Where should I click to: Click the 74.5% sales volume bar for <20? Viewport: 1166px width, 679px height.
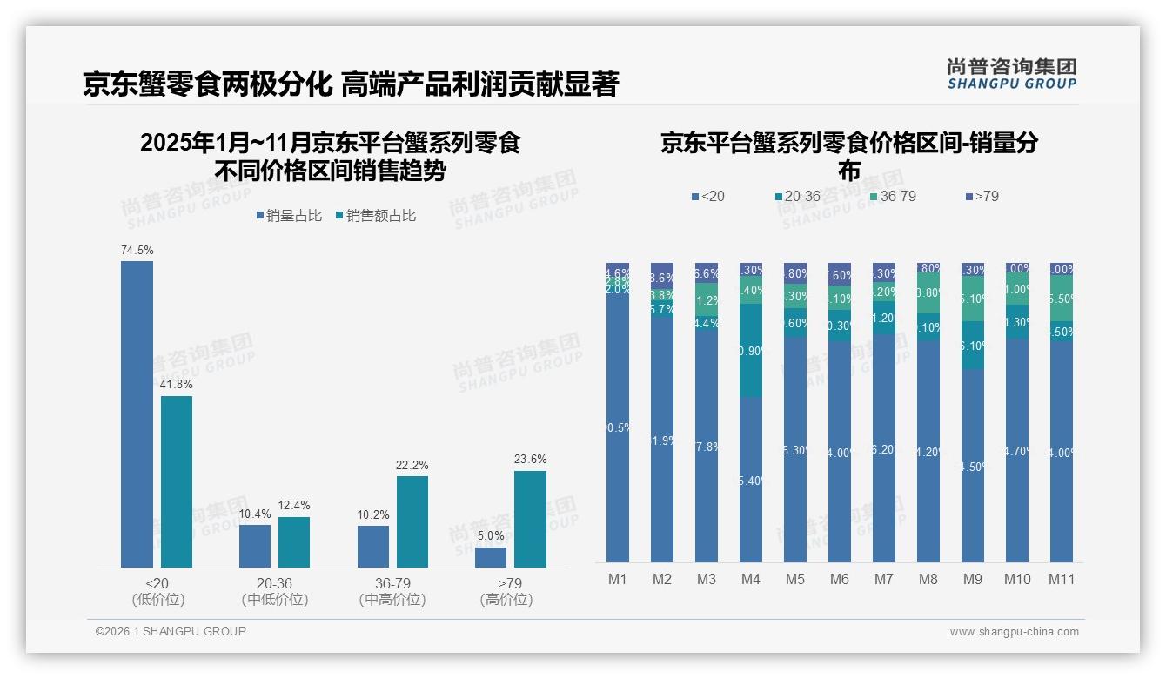tap(137, 414)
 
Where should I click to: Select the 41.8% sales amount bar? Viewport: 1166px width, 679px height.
tap(176, 481)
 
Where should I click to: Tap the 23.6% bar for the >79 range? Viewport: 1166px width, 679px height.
tap(530, 519)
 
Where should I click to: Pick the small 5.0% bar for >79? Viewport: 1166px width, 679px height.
tap(491, 557)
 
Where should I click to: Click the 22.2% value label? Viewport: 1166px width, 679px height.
tap(412, 466)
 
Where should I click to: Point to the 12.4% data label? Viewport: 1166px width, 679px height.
tap(294, 505)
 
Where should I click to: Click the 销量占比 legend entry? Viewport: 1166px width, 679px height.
tap(289, 216)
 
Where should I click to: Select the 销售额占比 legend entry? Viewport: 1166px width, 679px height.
tap(375, 216)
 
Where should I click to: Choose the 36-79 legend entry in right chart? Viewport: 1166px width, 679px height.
tap(894, 197)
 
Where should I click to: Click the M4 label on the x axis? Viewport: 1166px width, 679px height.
tap(750, 580)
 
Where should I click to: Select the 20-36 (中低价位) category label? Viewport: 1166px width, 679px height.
tap(275, 591)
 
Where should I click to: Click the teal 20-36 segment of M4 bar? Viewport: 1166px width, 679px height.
tap(750, 351)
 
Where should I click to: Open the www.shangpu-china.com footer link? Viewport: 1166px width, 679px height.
tap(1014, 632)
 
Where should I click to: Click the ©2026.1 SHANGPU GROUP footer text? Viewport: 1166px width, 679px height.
tap(171, 631)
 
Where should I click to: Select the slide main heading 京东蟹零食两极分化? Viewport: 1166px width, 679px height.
tap(206, 84)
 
